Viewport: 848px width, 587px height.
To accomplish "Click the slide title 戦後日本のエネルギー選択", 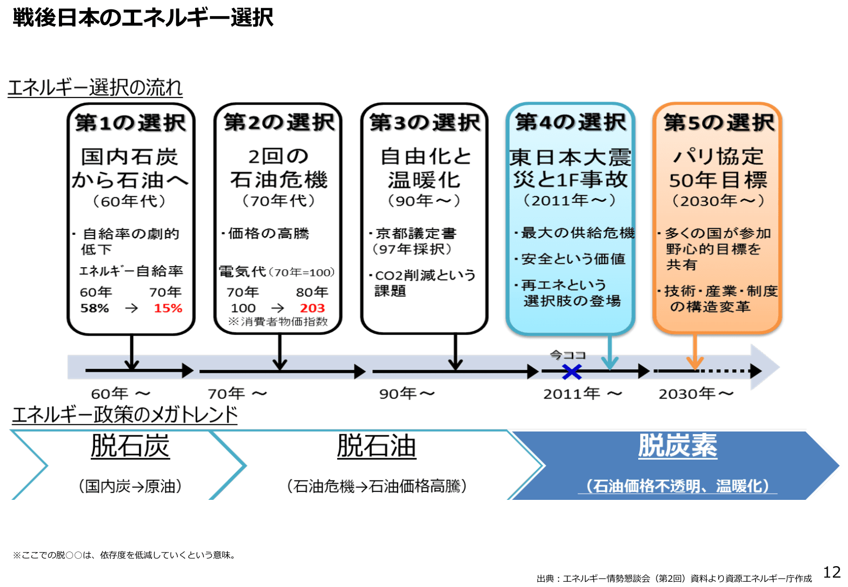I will pos(143,18).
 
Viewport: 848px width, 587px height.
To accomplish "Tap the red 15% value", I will pos(168,308).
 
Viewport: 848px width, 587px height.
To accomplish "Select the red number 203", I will pos(312,308).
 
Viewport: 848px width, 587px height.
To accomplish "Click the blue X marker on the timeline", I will pos(572,372).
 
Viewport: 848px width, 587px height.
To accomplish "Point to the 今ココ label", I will pos(568,355).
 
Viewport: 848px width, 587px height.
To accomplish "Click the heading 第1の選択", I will pos(130,123).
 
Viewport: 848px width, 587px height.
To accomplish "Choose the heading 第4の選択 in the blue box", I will pos(570,123).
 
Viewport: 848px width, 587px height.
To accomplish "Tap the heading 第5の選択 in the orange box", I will pos(719,123).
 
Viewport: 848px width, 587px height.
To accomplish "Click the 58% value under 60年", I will pos(94,308).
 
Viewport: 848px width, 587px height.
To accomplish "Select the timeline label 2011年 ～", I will pos(582,394).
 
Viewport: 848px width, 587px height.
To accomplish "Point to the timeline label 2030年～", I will pos(696,394).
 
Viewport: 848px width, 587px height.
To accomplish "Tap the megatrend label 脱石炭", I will pos(130,447).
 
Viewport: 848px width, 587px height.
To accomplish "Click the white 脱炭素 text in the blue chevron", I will pos(677,446).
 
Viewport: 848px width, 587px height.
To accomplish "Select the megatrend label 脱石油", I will pos(376,447).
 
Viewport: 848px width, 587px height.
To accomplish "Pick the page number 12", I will pos(832,572).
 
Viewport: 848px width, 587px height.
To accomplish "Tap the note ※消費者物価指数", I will pos(278,322).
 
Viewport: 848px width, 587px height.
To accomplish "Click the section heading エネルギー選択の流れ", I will pos(95,88).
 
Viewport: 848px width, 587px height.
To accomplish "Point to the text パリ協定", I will pos(718,157).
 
